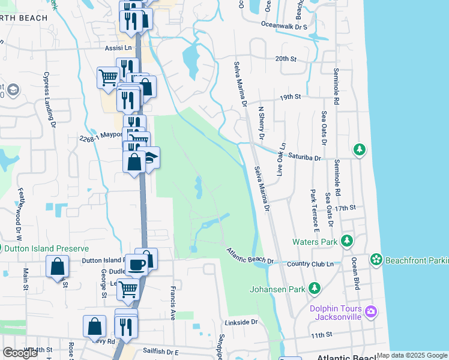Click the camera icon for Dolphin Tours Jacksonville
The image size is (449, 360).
pos(370,311)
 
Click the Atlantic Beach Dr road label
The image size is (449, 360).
pos(250,257)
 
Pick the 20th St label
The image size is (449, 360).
pos(286,59)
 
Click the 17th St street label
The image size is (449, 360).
pos(346,208)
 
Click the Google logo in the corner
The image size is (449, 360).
pos(20,353)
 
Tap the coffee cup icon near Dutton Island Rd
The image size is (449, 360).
pos(136,265)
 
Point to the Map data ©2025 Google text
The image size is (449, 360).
pos(412,355)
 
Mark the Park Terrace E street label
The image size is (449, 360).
pos(313,211)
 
